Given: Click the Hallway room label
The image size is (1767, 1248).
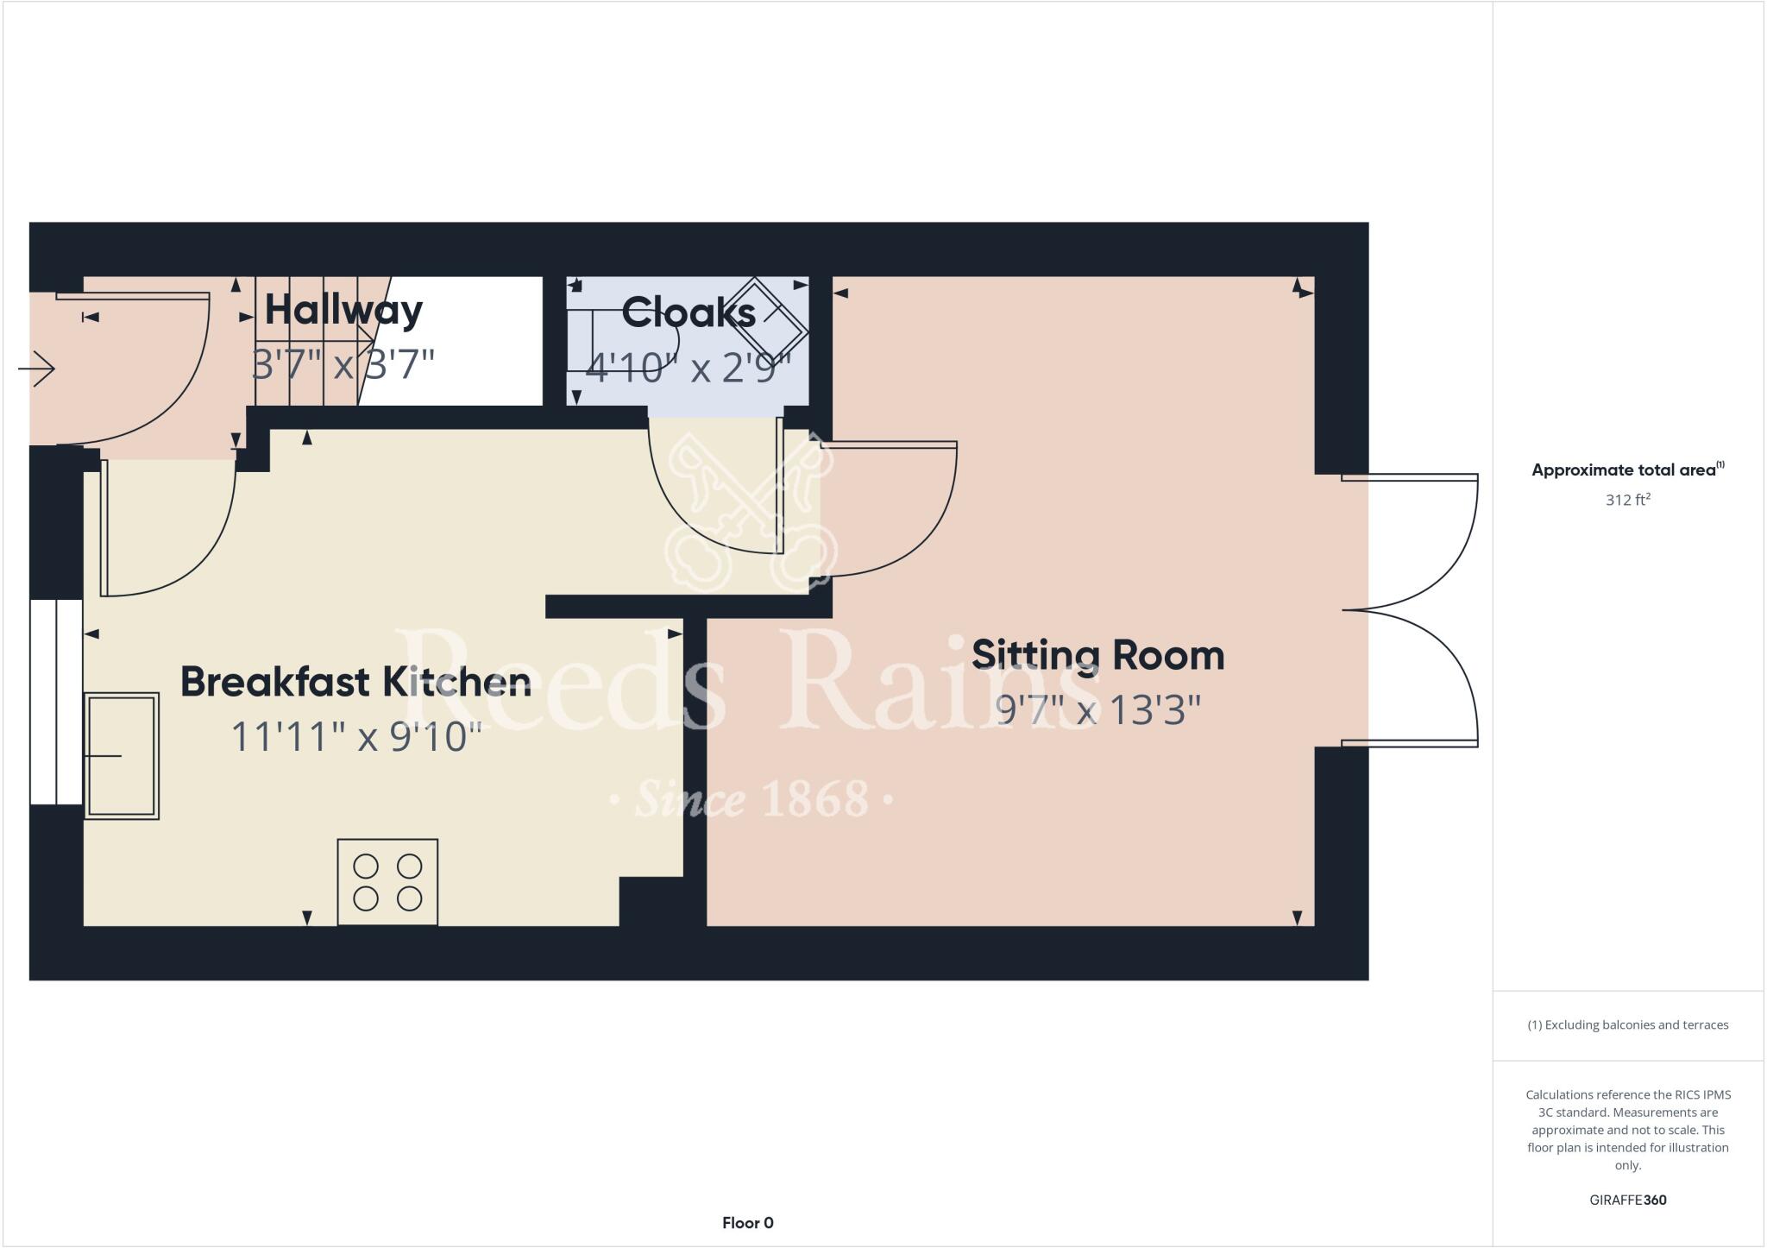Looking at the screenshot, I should point(343,310).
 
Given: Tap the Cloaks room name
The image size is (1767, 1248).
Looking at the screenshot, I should point(688,312).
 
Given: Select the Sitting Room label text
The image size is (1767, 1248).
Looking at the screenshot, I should point(1097,655).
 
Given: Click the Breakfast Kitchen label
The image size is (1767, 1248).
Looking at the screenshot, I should point(355,682).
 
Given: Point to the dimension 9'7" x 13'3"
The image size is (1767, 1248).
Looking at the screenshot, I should point(1097,710).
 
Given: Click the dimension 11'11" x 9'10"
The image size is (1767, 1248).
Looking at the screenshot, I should point(356,737).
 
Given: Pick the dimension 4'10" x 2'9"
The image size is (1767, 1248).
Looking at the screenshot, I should point(688,369).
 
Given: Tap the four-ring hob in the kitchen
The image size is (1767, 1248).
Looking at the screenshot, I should point(387,882).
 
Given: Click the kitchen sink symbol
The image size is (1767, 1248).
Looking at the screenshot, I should point(122,755).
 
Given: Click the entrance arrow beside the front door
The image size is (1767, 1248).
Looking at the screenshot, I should point(36,369).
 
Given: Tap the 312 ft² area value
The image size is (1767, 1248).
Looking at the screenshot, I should point(1627,500).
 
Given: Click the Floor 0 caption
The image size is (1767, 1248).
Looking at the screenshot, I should point(747,1223).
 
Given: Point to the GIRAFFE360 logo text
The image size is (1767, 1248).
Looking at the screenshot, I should point(1627,1200).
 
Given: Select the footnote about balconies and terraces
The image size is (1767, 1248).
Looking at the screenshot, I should point(1627,1025).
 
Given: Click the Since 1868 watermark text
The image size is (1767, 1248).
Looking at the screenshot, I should point(751,799).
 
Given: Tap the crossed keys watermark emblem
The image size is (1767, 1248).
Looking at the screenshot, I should point(749,509).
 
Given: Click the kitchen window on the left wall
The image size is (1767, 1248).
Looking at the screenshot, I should point(56,702).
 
